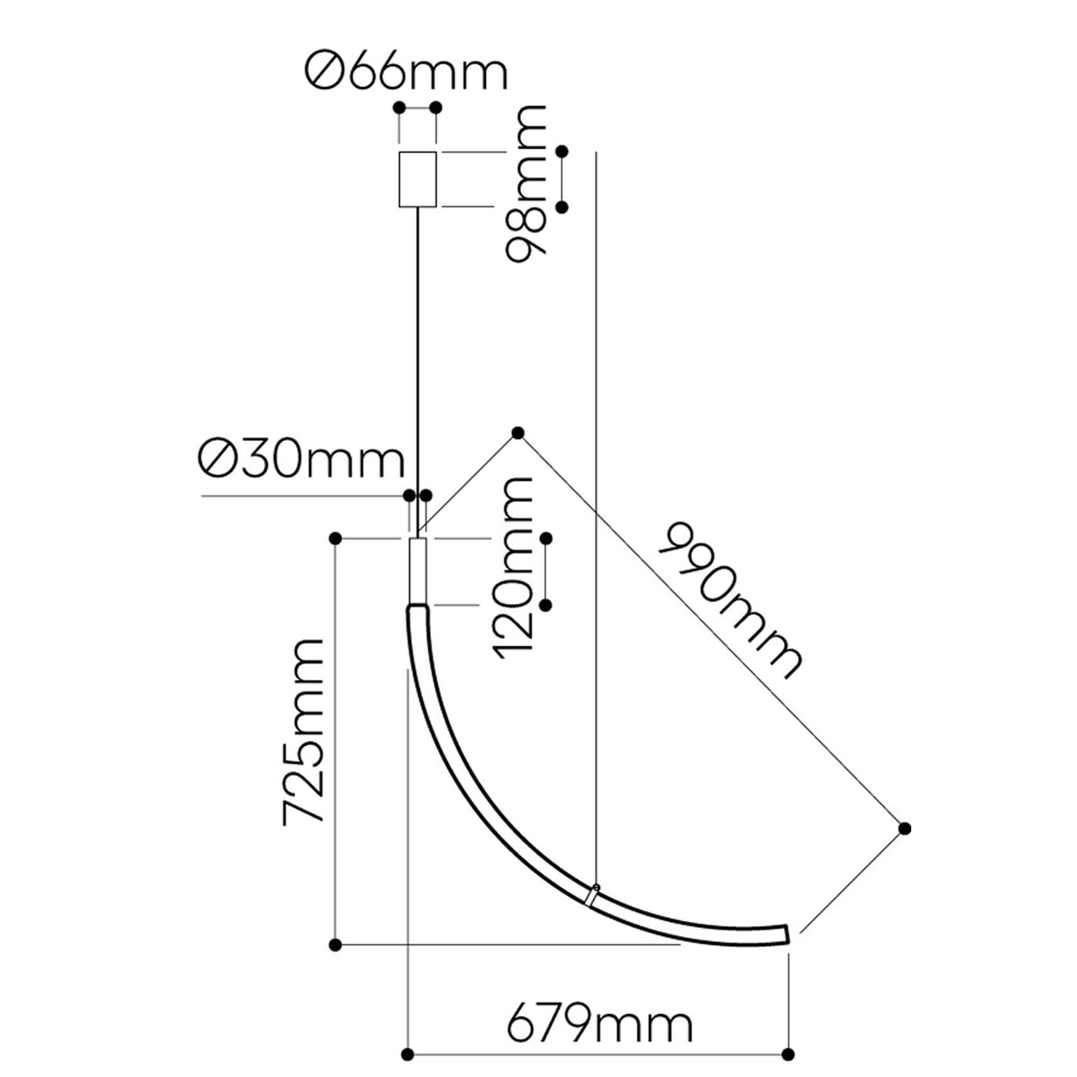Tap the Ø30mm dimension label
(x=302, y=460)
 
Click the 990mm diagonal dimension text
(x=729, y=601)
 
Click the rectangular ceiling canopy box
(x=418, y=179)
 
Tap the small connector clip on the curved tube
(x=592, y=895)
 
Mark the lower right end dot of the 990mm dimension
(x=904, y=828)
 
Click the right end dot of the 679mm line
(x=790, y=1054)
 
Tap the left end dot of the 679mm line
(x=406, y=1054)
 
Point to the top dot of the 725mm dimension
(x=335, y=538)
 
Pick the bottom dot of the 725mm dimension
(x=335, y=945)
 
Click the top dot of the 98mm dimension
(x=563, y=152)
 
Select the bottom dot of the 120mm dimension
(x=546, y=605)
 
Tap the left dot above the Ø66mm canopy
(x=400, y=107)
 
